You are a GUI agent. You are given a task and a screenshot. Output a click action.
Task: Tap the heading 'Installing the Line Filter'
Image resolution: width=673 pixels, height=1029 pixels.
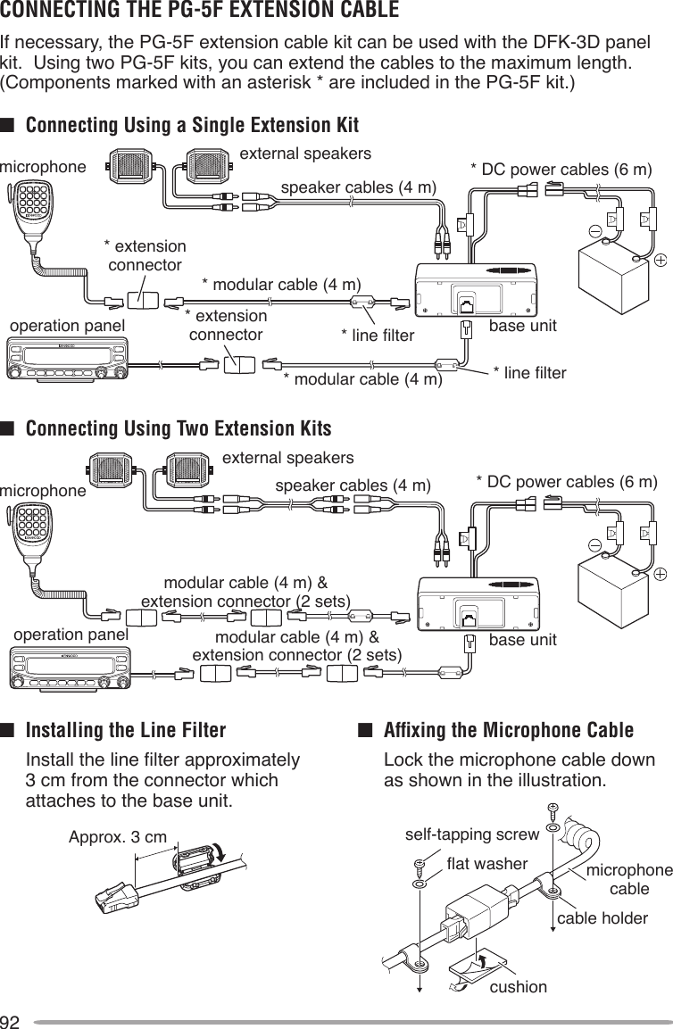tap(126, 731)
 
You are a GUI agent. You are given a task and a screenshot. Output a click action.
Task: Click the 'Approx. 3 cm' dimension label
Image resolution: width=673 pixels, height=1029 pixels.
tap(117, 837)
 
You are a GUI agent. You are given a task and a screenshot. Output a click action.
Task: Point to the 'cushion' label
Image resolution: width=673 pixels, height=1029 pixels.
tap(519, 986)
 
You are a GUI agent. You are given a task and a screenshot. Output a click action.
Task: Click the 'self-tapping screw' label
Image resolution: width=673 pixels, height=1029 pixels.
tap(472, 834)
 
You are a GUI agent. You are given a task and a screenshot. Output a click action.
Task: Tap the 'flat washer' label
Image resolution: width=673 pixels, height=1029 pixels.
tap(487, 864)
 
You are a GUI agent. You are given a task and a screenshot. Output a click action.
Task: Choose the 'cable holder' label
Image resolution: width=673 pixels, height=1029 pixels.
tap(602, 917)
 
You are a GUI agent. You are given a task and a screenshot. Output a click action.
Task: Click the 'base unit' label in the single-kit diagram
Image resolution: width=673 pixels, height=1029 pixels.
tap(522, 326)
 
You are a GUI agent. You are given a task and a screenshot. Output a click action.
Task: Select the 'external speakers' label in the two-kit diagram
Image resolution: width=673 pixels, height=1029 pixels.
tap(287, 459)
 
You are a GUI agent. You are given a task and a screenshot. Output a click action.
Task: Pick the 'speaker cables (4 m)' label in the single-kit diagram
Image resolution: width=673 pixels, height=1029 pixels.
tap(358, 188)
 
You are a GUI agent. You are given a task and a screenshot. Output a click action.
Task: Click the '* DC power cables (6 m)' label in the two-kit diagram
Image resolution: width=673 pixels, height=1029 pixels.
tap(566, 483)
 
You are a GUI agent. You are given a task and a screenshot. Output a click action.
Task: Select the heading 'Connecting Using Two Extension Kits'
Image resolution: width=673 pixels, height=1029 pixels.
tap(179, 429)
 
